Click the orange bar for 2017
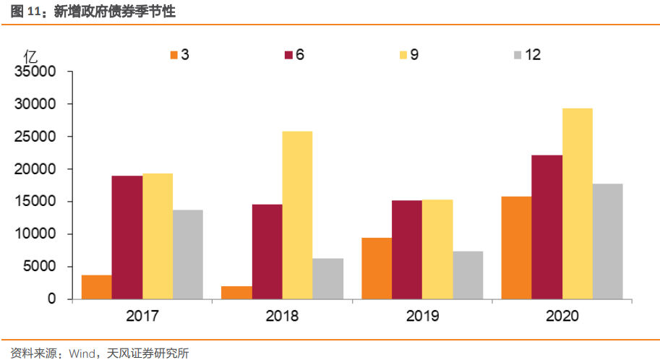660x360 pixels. click(97, 287)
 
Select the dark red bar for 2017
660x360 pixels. click(127, 237)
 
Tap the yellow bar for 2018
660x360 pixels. click(297, 215)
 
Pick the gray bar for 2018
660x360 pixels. click(327, 278)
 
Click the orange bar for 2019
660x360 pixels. click(377, 268)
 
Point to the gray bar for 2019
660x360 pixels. click(468, 275)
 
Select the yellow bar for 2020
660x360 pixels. click(578, 203)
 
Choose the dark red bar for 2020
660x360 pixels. click(547, 227)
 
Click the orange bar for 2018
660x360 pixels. click(236, 292)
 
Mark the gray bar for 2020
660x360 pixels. click(608, 241)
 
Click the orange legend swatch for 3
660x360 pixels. click(173, 56)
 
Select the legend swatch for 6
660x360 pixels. click(288, 56)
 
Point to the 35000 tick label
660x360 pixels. click(36, 72)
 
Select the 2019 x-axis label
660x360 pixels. click(422, 317)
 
